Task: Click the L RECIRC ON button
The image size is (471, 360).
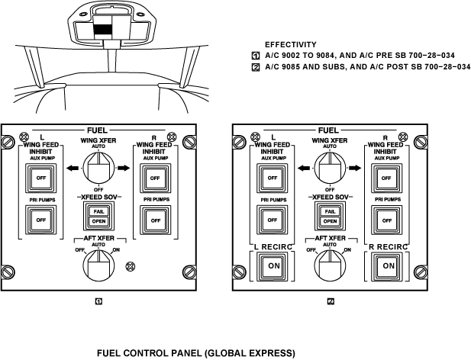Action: (x=273, y=266)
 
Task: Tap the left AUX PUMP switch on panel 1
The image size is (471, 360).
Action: (x=41, y=178)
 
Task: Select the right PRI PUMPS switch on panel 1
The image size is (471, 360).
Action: (x=155, y=220)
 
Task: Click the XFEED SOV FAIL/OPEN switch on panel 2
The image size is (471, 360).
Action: (x=330, y=216)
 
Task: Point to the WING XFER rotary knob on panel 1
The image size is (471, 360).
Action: (x=98, y=167)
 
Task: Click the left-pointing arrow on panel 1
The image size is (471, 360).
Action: (x=73, y=168)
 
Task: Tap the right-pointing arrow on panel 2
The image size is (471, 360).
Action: (x=355, y=168)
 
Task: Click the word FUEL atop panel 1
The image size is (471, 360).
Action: (x=97, y=130)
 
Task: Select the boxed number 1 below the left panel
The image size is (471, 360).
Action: (x=98, y=301)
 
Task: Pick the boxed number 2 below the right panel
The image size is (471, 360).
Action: (x=331, y=301)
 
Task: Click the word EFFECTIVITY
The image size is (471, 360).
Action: (x=291, y=45)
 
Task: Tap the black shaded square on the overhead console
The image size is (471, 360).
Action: (x=102, y=31)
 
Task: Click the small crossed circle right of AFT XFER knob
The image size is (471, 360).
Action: (x=130, y=266)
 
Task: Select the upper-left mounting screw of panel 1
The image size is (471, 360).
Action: (x=7, y=142)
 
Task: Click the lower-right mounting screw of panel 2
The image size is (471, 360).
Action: (x=421, y=272)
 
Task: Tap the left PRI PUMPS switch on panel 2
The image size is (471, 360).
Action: (x=273, y=220)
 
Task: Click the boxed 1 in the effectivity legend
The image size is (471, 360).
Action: (x=255, y=56)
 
